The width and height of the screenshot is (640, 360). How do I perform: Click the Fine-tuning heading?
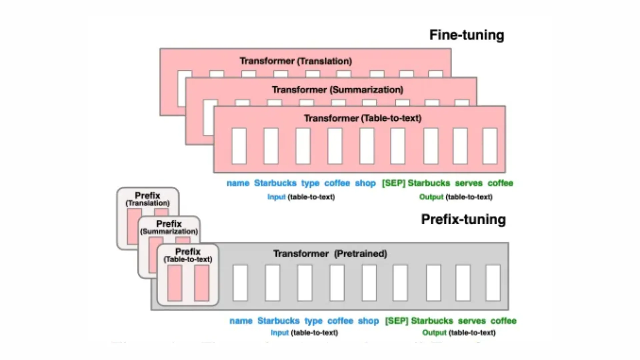(x=466, y=35)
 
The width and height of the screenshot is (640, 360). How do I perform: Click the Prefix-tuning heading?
(x=463, y=219)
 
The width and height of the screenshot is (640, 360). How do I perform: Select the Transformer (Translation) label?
(x=296, y=61)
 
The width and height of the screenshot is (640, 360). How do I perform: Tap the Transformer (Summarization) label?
(x=337, y=90)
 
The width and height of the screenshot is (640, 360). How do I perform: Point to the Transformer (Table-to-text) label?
(x=363, y=118)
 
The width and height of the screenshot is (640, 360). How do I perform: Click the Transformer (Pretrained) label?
(x=330, y=254)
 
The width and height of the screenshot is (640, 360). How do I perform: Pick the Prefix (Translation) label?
(x=147, y=199)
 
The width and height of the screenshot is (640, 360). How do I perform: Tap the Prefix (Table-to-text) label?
(x=188, y=255)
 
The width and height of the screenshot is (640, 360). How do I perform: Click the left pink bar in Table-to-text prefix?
(x=175, y=283)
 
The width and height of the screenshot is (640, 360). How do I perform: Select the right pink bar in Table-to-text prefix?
(x=201, y=283)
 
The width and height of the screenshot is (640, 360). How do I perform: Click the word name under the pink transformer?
(x=238, y=183)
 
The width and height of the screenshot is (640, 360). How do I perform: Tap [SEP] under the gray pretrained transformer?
(x=396, y=321)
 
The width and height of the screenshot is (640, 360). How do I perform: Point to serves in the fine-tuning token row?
(x=469, y=183)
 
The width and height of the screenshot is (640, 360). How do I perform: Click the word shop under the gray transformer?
(x=368, y=321)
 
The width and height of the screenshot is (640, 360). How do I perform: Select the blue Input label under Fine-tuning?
(x=276, y=197)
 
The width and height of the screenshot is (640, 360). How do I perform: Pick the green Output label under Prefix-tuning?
(x=434, y=332)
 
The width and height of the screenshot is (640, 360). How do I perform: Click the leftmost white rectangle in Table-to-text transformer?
(x=239, y=146)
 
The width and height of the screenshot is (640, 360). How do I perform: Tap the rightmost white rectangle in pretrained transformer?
(x=493, y=283)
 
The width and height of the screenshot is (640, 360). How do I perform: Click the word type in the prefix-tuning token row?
(x=313, y=321)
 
